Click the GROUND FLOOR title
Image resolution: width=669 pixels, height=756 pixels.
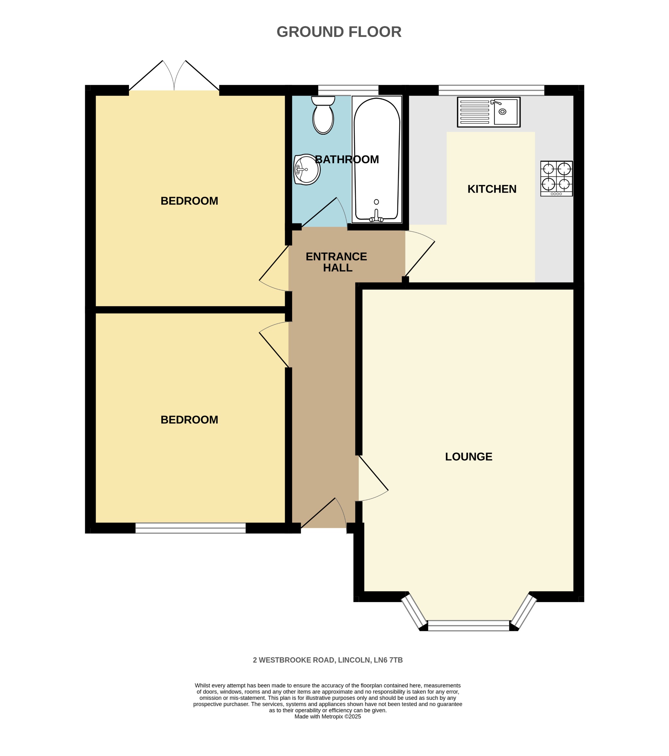pyautogui.click(x=339, y=32)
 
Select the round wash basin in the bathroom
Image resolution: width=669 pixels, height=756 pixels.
pyautogui.click(x=306, y=170)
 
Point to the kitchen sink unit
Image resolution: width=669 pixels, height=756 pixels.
pyautogui.click(x=488, y=112)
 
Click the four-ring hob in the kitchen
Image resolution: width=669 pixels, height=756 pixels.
pyautogui.click(x=556, y=178)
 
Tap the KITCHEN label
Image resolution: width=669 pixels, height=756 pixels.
pyautogui.click(x=491, y=189)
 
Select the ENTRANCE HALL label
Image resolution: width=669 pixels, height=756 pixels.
pyautogui.click(x=336, y=262)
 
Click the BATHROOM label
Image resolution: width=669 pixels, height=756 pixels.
pyautogui.click(x=347, y=159)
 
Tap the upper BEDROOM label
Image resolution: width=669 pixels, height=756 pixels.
pyautogui.click(x=189, y=201)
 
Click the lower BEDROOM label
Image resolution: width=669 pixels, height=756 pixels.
pyautogui.click(x=189, y=420)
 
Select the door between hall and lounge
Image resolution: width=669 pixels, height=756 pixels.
pyautogui.click(x=372, y=477)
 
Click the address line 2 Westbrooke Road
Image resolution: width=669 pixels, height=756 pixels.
pyautogui.click(x=327, y=660)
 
